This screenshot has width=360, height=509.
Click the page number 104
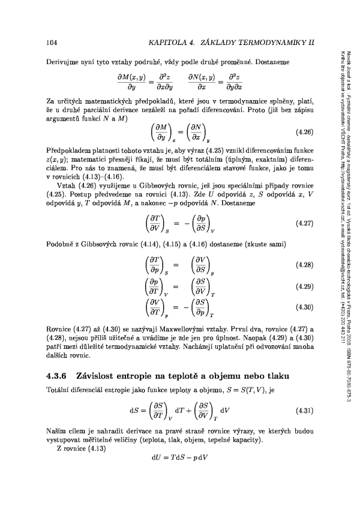52,43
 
